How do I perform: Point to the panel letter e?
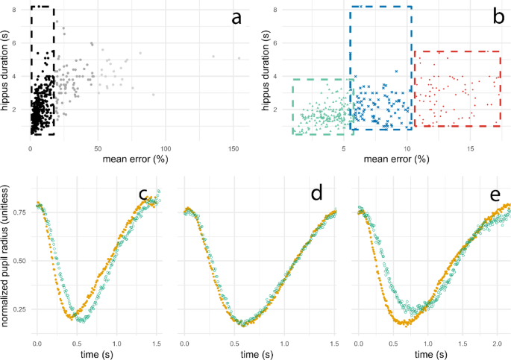(495, 195)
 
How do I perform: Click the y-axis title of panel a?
(7, 72)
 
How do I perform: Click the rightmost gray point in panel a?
(239, 57)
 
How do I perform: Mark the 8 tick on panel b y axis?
(275, 10)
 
